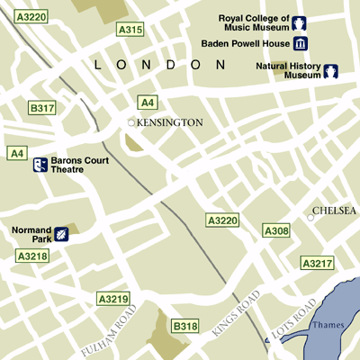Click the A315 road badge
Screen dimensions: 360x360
130,30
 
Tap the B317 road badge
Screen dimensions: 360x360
41,108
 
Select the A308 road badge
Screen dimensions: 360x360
276,231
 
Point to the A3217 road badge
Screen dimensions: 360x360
317,264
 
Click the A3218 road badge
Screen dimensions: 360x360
31,256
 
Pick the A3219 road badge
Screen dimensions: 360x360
113,298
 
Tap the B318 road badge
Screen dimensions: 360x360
184,325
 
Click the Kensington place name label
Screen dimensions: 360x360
170,121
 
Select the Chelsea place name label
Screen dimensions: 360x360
334,211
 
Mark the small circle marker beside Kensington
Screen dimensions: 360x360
131,121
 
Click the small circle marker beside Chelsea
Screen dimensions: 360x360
310,216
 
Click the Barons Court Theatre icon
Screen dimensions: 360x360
40,165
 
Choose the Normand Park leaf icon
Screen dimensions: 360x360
60,235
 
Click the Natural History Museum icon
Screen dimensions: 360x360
330,71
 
